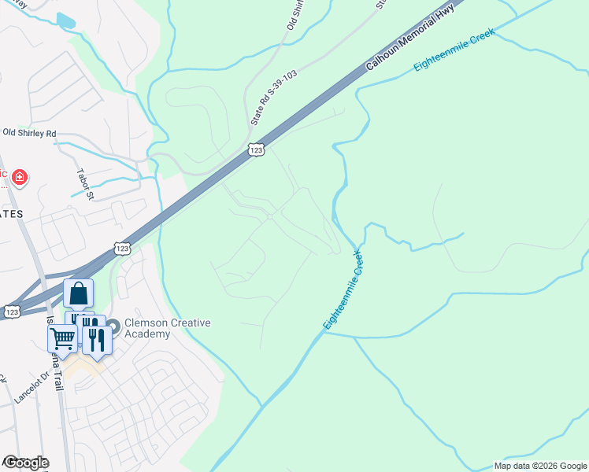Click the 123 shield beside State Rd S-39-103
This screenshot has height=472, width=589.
256,149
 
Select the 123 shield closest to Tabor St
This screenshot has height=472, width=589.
121,248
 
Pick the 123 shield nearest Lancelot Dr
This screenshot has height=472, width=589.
11,312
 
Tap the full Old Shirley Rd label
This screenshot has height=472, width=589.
30,133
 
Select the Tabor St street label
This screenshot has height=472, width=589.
86,183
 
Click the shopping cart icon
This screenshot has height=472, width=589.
61,338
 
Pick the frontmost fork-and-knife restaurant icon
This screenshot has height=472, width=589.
96,339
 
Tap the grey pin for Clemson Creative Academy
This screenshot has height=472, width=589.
113,324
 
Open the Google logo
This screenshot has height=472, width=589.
25,463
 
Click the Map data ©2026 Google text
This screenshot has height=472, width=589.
539,466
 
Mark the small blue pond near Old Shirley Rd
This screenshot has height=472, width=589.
66,20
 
